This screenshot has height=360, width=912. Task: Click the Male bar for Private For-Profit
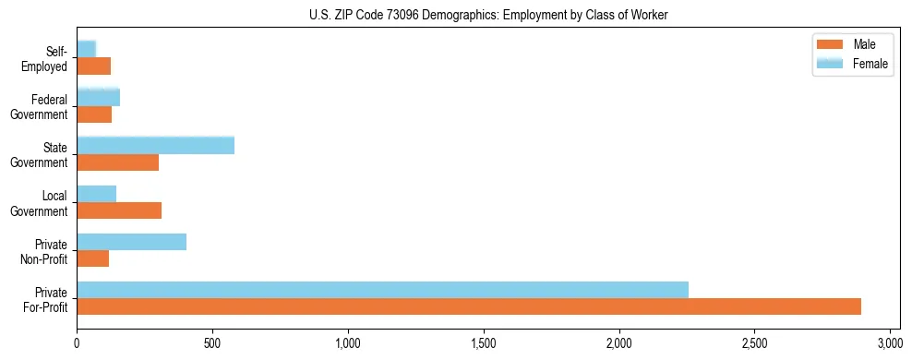point(469,306)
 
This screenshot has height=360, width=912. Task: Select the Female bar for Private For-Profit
point(382,290)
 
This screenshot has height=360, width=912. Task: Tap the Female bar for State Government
point(155,146)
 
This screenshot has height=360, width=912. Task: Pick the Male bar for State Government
point(117,162)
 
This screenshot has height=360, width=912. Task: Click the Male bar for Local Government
point(119,210)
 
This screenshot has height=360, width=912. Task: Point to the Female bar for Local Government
point(96,194)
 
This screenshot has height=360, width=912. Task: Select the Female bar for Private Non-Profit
point(131,242)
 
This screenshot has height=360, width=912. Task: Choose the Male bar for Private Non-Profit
point(92,258)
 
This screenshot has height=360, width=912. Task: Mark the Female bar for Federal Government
point(98,98)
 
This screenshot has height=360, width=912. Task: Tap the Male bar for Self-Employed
point(93,66)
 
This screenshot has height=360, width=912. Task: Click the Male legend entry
point(864,44)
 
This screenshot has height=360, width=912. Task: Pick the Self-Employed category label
point(47,59)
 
